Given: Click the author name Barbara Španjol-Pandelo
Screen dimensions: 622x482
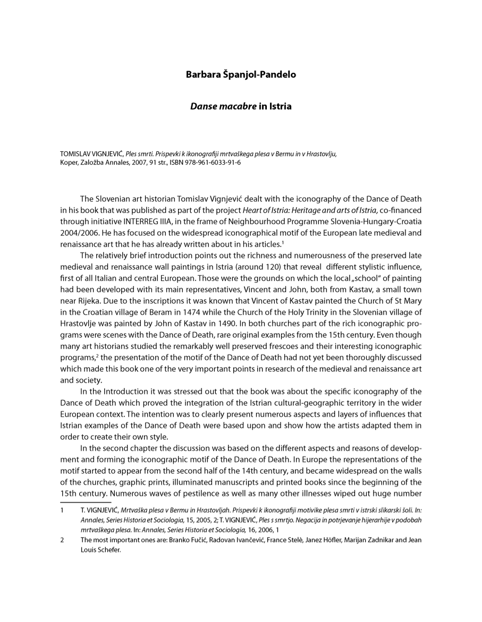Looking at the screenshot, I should [x=241, y=74].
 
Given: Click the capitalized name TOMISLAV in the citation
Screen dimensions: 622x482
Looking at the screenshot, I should [x=78, y=154].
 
